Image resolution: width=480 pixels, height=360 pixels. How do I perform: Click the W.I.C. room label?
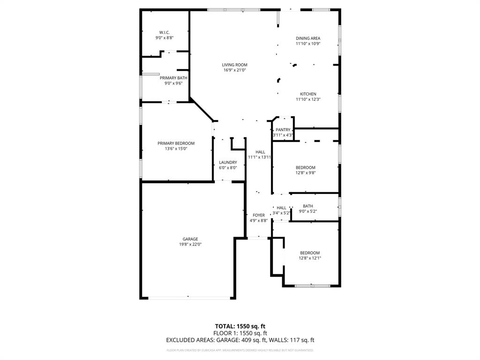[164, 32]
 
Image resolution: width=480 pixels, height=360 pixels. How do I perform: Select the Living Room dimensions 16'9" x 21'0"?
[234, 70]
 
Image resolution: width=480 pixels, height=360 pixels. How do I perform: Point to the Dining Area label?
[308, 38]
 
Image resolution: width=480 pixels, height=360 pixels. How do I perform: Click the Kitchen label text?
[308, 94]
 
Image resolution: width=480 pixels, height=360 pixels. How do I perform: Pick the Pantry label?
[283, 130]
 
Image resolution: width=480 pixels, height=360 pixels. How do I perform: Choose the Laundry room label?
[228, 163]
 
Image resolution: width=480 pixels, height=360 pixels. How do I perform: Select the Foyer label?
[259, 215]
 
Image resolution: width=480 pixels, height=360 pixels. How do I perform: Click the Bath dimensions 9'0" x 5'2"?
[308, 211]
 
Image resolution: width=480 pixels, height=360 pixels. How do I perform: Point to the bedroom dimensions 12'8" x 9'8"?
[305, 173]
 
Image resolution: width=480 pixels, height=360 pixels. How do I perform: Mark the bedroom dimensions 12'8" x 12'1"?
[310, 258]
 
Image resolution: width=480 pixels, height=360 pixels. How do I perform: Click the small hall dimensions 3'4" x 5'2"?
[281, 213]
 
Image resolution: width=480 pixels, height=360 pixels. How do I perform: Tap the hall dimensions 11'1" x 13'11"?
[260, 157]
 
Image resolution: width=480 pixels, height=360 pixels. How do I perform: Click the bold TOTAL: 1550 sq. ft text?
[240, 326]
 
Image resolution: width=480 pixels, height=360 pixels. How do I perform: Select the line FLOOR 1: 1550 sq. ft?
[240, 333]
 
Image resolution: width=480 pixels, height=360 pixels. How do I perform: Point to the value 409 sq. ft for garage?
[270, 340]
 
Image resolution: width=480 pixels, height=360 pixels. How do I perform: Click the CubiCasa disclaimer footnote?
[240, 350]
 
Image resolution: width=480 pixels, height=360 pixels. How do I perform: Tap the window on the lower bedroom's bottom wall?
[312, 285]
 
